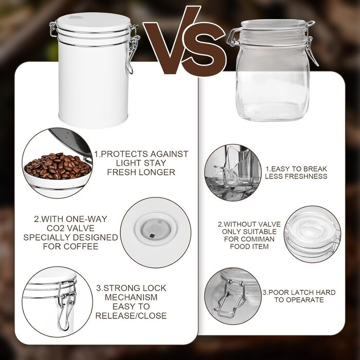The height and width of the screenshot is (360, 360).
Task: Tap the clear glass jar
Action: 273,70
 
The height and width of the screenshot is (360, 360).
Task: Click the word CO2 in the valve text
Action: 57,228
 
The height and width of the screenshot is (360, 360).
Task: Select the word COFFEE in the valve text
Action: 81,246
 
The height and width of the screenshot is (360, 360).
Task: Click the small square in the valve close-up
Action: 152,236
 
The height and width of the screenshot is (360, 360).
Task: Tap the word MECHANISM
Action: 131,297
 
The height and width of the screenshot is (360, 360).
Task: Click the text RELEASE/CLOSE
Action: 131,316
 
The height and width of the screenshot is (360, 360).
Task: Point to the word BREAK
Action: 314,169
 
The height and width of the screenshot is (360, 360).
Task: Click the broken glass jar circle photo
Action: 233,173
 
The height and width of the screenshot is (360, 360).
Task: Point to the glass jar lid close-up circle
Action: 313,234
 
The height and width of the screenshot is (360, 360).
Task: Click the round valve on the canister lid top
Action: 74,17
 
